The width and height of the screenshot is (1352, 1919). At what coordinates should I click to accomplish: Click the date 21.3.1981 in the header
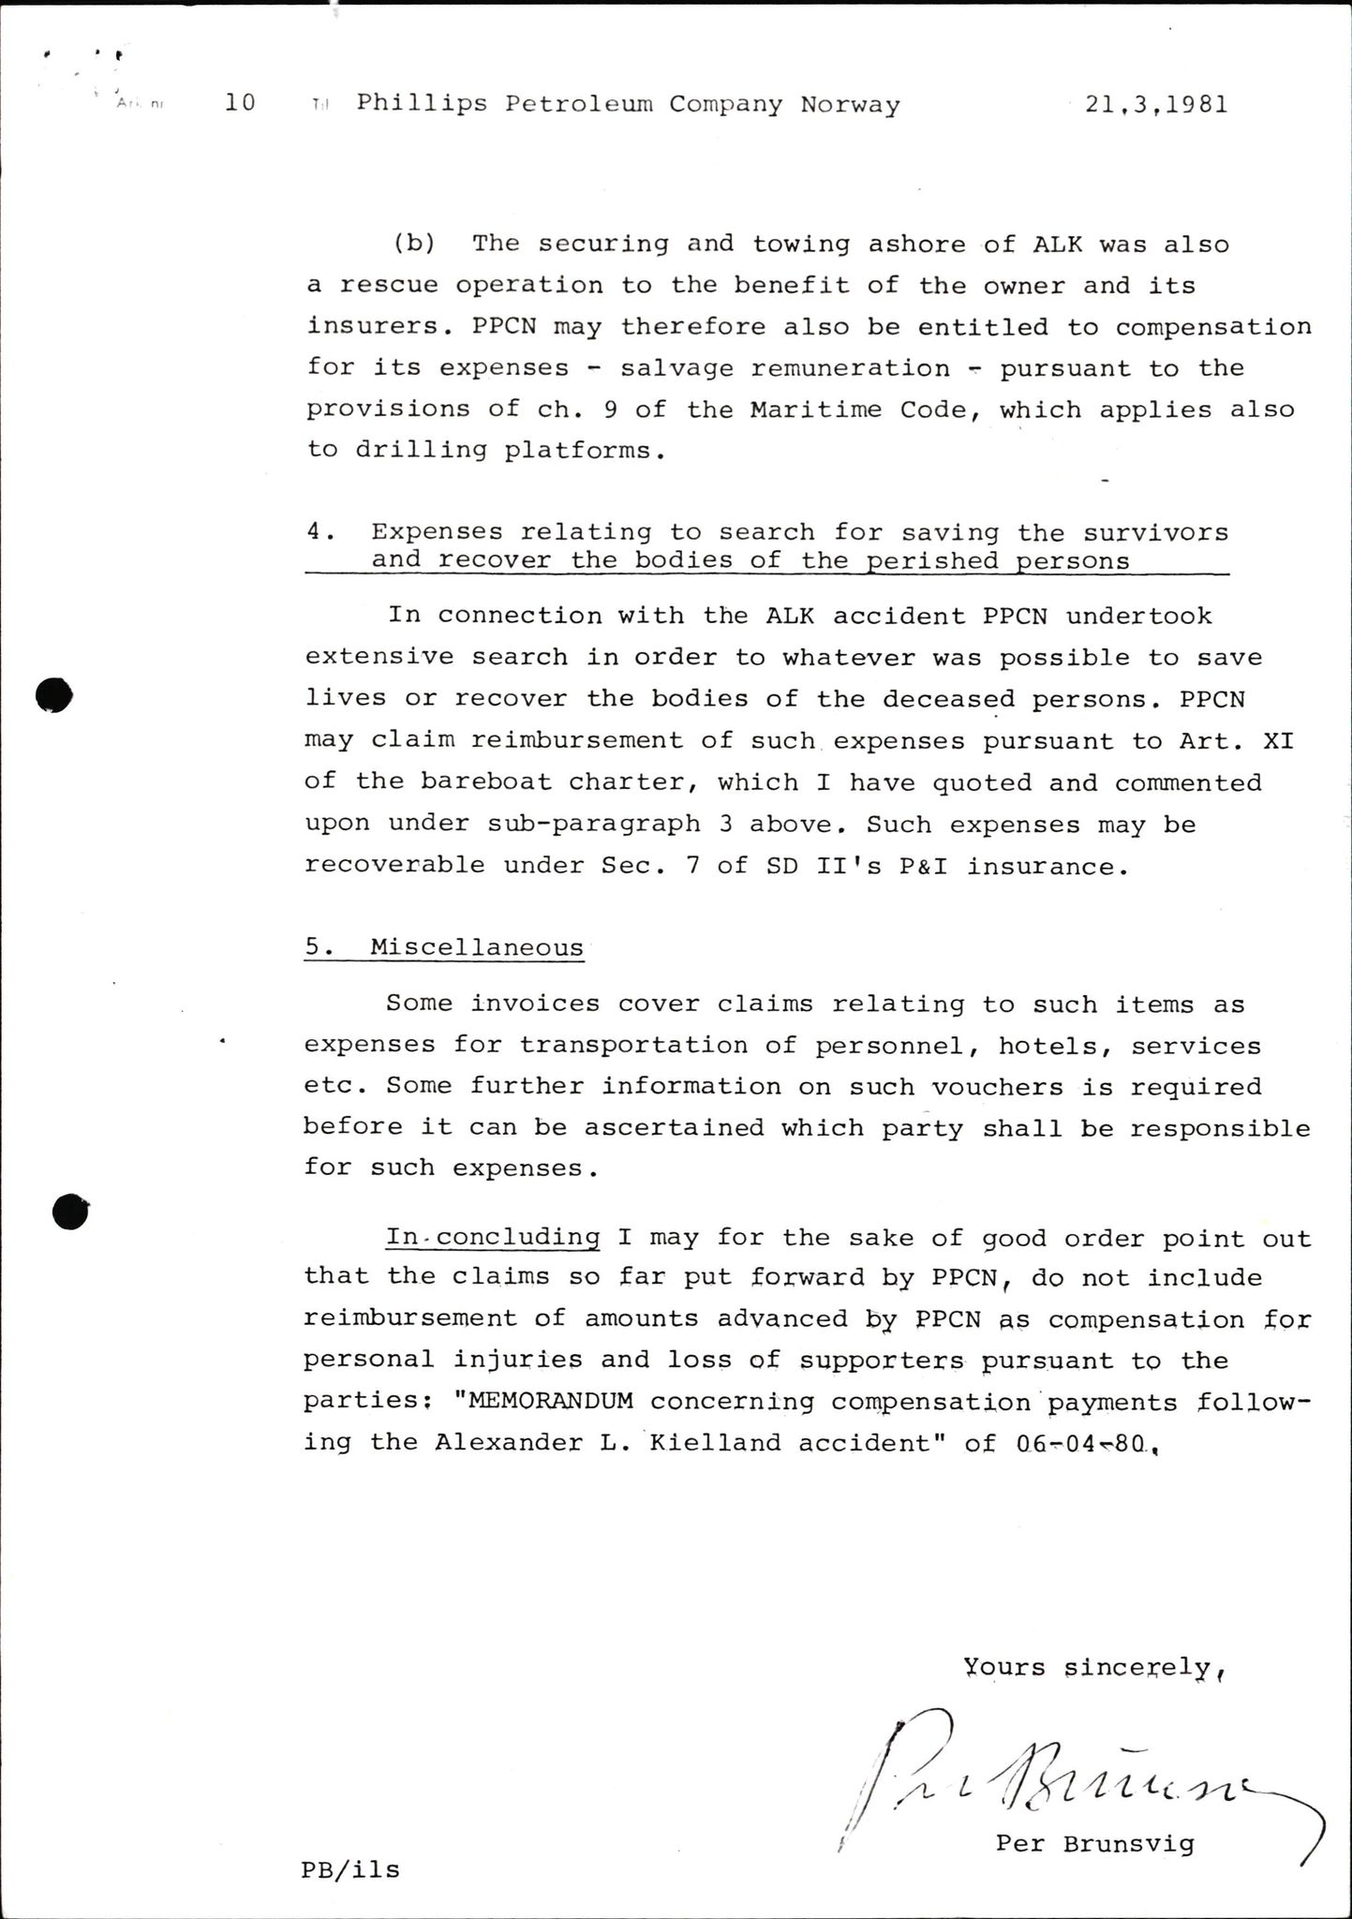(x=1156, y=104)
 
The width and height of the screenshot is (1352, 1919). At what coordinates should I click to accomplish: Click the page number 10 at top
(x=241, y=102)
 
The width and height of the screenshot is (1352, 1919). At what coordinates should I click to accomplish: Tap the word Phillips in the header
(x=422, y=103)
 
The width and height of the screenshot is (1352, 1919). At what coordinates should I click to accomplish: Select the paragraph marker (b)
(x=414, y=244)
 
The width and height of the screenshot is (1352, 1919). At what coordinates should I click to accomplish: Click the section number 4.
(x=320, y=531)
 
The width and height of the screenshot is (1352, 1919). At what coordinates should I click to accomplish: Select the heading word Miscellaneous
(x=477, y=947)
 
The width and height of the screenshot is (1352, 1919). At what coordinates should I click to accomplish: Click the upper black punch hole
(x=53, y=695)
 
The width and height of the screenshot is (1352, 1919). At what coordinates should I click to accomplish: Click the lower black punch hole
(x=70, y=1212)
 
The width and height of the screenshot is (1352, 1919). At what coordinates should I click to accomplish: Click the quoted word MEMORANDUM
(x=543, y=1402)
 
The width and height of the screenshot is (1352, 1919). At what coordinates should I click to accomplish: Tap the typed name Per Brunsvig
(x=1094, y=1844)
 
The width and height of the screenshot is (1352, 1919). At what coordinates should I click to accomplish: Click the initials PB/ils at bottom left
(x=350, y=1870)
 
